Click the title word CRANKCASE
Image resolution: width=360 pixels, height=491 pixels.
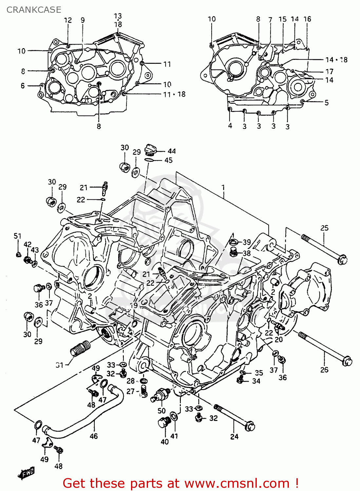click(34, 10)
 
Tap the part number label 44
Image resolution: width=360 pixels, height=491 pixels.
click(172, 151)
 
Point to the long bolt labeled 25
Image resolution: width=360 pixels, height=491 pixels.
click(324, 248)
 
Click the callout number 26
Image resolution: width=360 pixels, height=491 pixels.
click(324, 370)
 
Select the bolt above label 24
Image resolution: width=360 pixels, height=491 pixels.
click(235, 417)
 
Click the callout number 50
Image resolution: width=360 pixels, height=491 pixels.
click(161, 411)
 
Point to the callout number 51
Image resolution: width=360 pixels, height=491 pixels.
click(17, 236)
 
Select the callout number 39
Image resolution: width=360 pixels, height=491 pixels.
click(247, 242)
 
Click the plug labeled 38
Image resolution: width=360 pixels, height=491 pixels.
click(234, 252)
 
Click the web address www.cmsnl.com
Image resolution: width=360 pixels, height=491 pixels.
click(237, 483)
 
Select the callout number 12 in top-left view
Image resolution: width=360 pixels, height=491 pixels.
click(68, 20)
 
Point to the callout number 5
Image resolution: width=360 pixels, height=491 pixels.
click(327, 102)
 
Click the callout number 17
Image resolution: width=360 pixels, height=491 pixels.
click(329, 71)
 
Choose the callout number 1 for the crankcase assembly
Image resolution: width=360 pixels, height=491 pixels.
click(223, 188)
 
